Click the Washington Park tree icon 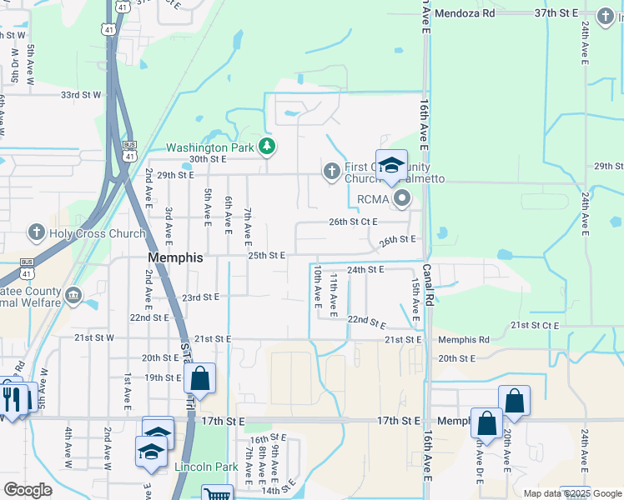coord(267,147)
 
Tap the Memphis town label coord(175,258)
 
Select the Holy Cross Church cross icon coord(36,232)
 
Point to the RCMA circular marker coord(402,198)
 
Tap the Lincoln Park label coord(206,467)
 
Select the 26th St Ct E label coord(353,222)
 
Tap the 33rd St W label coord(81,95)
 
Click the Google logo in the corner coord(28,490)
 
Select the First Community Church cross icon coord(331,171)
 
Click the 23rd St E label coord(200,297)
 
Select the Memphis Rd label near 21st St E coord(464,340)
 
